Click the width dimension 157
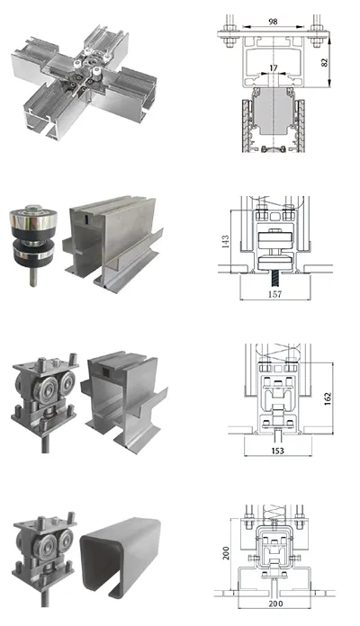coord(271,293)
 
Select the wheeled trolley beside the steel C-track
coord(43,544)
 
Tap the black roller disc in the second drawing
coord(271,241)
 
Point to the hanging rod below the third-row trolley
coord(42,445)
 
